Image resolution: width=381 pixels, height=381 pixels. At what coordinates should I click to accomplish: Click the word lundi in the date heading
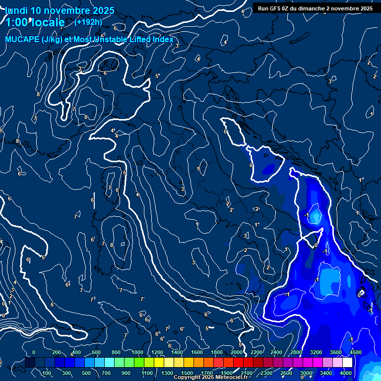point(17,10)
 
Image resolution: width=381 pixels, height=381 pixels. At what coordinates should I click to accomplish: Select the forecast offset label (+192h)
point(88,22)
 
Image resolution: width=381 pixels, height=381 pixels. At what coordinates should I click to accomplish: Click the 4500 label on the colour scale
point(355,352)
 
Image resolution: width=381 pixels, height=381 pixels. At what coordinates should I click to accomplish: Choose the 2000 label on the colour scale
point(237,352)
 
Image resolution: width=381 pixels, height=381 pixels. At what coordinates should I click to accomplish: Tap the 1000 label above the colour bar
point(137,352)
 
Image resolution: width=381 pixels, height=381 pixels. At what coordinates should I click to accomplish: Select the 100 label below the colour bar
point(47,373)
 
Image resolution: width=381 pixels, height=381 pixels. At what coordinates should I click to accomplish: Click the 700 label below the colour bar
point(106,373)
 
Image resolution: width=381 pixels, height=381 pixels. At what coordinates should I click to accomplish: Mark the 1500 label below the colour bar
point(187,373)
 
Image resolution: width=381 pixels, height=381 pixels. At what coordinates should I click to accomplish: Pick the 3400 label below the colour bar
point(325,373)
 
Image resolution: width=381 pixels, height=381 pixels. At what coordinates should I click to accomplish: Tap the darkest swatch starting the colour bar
point(30,363)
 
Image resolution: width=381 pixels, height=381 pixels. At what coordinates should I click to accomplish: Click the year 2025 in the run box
point(366,8)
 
